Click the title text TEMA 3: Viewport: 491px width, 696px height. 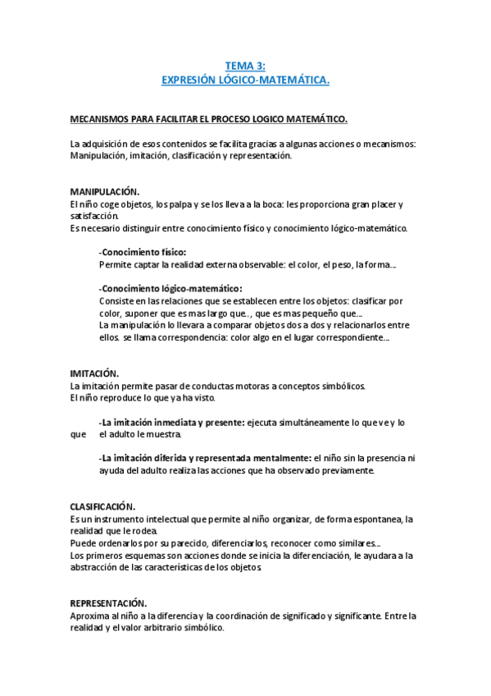coord(245,66)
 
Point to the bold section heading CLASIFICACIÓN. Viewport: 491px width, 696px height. coord(103,506)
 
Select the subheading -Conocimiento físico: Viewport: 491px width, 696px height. coord(142,253)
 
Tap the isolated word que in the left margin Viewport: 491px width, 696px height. coord(78,434)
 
